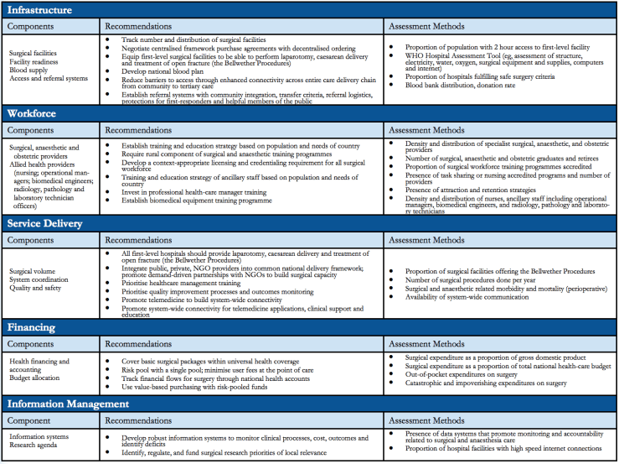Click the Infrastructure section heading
click(x=39, y=10)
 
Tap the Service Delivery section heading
click(x=48, y=223)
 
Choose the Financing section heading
click(x=32, y=327)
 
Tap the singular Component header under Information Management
click(x=32, y=420)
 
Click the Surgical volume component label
click(x=34, y=271)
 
